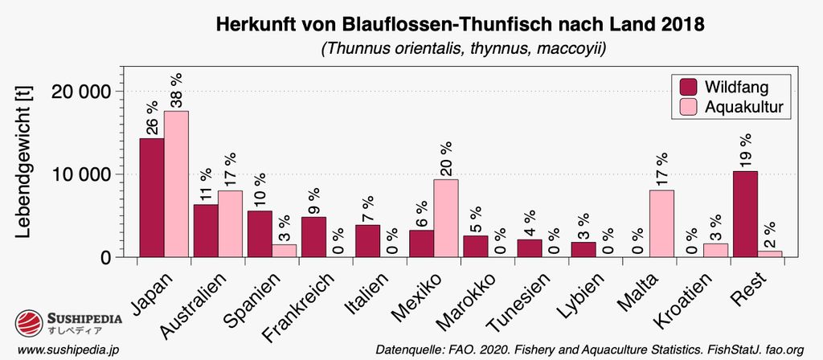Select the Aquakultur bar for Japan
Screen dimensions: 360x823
(x=176, y=184)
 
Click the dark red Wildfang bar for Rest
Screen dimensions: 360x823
(x=744, y=214)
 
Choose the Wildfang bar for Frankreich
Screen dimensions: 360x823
(x=313, y=237)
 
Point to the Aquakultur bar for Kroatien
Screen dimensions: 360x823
(x=715, y=250)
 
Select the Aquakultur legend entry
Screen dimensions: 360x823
(x=731, y=107)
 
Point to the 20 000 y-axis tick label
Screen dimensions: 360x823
(x=80, y=91)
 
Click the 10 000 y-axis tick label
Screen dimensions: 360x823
(x=80, y=174)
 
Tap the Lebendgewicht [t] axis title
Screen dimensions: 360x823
(x=23, y=162)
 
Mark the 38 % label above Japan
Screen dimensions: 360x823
(x=176, y=90)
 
